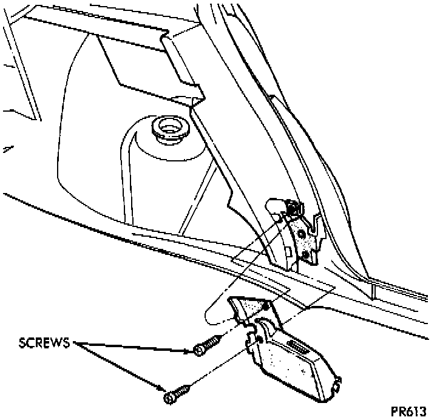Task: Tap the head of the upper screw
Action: pyautogui.click(x=198, y=350)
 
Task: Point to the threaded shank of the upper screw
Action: pyautogui.click(x=212, y=345)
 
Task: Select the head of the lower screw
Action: pyautogui.click(x=169, y=398)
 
